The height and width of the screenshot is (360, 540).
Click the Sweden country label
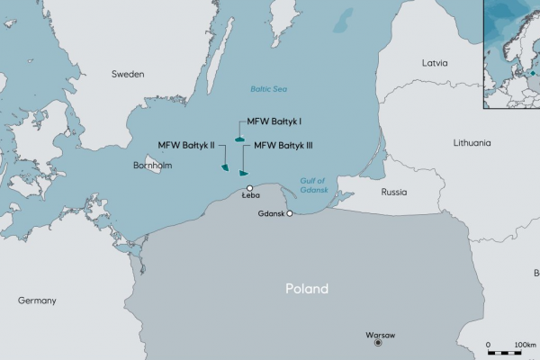coord(127,75)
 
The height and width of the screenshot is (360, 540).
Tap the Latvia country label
coord(435,63)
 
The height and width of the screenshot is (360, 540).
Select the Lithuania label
coord(472,142)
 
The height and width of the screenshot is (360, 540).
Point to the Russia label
coord(394,193)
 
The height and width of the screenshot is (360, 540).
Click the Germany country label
coord(37,300)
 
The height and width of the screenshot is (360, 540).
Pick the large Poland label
coord(307,289)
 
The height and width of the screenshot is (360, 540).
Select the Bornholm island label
coord(153,166)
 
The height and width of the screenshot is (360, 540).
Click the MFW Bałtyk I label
coord(274,121)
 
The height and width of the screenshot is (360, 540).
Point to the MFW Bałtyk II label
coord(186,145)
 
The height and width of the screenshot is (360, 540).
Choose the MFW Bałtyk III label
coord(283,145)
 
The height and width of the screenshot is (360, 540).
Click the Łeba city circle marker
coord(250,188)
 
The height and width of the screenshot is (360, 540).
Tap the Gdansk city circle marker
coord(290,213)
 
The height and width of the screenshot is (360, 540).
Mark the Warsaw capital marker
coord(379,343)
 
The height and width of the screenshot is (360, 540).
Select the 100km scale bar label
coord(525,345)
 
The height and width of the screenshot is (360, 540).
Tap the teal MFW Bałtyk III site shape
coord(243,173)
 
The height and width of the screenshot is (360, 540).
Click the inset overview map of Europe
coord(511,53)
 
